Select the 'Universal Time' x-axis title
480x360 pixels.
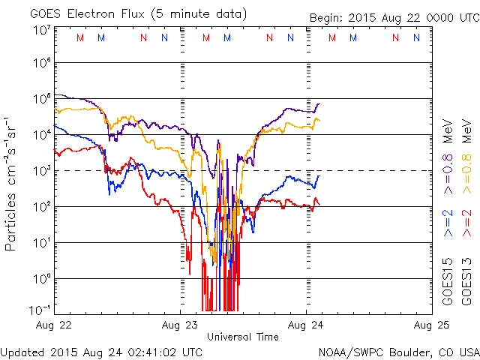[243, 337]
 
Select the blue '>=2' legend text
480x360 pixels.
[448, 223]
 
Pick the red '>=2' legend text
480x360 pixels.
[467, 223]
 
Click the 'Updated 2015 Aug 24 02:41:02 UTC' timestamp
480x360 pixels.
[101, 351]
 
